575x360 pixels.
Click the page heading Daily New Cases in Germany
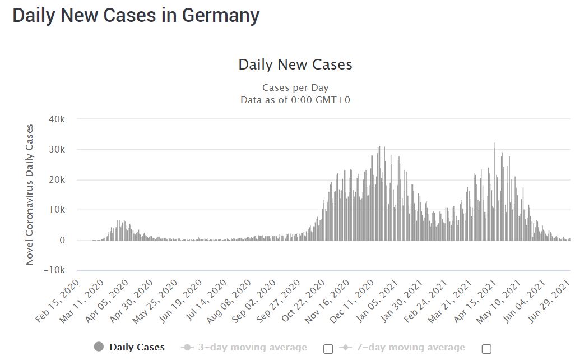click(136, 15)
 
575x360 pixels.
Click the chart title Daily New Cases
click(295, 64)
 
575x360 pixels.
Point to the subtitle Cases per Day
click(295, 87)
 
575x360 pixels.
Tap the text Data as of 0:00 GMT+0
click(295, 100)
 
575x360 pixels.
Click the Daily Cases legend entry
click(129, 347)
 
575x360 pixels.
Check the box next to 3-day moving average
click(328, 349)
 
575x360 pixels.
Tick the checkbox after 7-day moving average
click(486, 349)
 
